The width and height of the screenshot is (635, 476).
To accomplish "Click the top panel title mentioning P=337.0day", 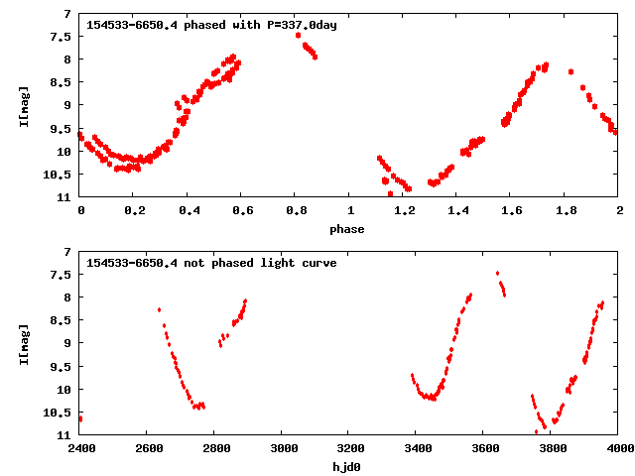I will coord(211,25).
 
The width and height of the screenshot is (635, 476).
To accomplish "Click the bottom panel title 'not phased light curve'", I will coord(211,263).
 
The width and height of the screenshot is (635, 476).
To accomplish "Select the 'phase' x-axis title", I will coord(348,229).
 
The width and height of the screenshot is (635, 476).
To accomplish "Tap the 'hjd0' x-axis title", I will coord(348,466).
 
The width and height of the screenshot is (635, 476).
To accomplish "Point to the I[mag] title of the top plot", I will coord(23,105).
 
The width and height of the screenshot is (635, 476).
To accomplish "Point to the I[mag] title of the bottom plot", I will coord(23,343).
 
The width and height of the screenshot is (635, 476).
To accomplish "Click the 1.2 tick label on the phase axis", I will coord(404,210).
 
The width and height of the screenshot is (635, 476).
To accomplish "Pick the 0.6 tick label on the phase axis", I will coord(242,210).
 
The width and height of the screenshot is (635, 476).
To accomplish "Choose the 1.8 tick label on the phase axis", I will coord(566,210).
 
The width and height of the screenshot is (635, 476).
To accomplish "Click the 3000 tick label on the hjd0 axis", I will coord(282,448).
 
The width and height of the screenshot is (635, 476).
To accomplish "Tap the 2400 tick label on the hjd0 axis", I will coord(80,448).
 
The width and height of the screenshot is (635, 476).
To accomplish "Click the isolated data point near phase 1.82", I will coord(571,72).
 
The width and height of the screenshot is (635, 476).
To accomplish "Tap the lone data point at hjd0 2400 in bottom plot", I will coord(80,418).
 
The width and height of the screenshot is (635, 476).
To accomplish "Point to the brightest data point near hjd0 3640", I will coord(497,273).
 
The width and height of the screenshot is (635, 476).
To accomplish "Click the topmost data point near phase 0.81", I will coord(298,35).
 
